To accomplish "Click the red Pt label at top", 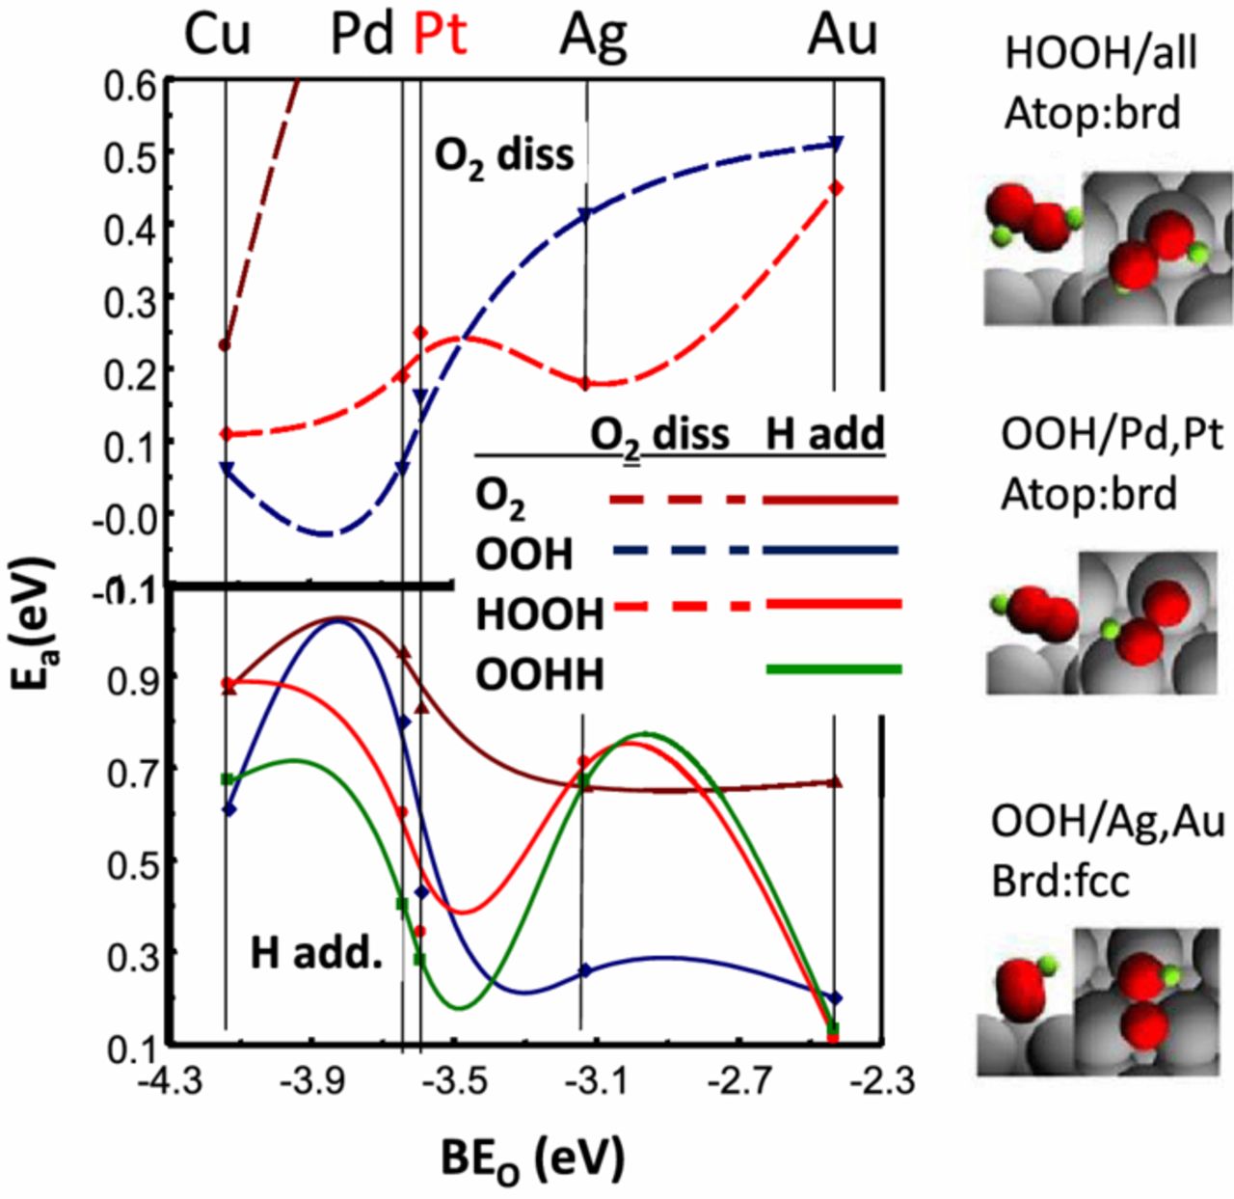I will click(x=441, y=36).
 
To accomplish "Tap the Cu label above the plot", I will click(x=218, y=36).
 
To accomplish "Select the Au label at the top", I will click(x=843, y=36).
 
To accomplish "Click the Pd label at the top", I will click(x=362, y=36).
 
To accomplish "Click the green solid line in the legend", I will click(x=834, y=668).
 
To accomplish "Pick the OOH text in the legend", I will click(x=523, y=555).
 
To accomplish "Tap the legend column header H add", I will click(x=825, y=435).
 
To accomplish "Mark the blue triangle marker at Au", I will click(x=836, y=144).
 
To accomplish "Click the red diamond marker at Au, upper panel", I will click(x=836, y=188).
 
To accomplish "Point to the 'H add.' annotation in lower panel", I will click(x=316, y=953).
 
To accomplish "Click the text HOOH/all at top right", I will click(x=1100, y=54).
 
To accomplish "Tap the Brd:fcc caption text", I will click(x=1060, y=882).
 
